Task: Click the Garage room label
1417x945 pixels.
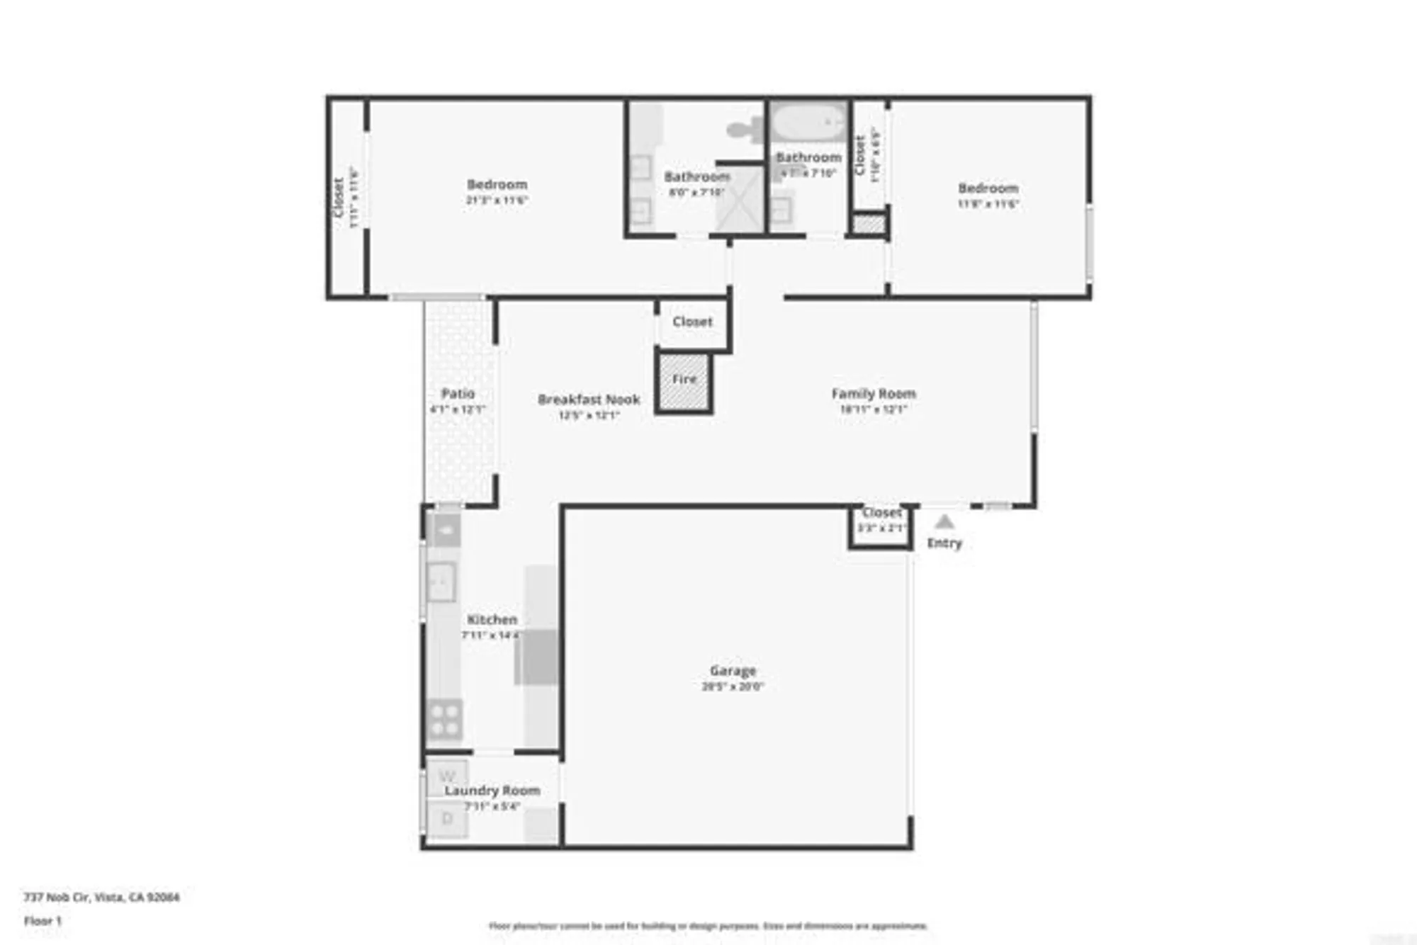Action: [733, 671]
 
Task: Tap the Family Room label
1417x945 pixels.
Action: [873, 394]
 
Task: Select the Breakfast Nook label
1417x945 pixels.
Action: [589, 400]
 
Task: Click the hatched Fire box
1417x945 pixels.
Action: [684, 383]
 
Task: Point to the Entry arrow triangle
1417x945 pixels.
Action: [944, 523]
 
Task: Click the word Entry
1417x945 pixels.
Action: [944, 543]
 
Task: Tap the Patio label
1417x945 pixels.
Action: [458, 394]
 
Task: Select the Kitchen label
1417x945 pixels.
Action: [492, 620]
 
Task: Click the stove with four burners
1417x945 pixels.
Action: [445, 720]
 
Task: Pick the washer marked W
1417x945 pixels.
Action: [447, 776]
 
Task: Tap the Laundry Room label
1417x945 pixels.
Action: [492, 791]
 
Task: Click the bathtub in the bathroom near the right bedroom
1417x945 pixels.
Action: [809, 123]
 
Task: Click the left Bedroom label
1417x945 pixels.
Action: [497, 185]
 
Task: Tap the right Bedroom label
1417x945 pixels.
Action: [988, 188]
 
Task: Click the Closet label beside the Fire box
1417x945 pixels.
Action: [692, 322]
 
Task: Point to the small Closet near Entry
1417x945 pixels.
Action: [881, 524]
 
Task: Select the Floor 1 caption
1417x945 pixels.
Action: [43, 921]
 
